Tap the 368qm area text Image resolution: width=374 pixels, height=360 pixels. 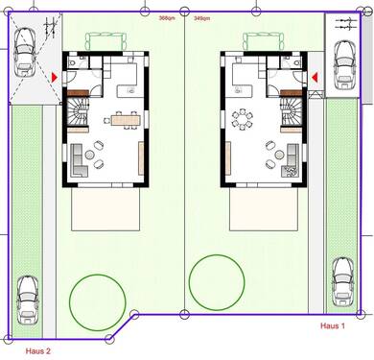[x=166, y=17]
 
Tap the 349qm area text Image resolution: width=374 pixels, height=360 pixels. [x=202, y=17]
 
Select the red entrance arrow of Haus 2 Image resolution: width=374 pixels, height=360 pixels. [x=54, y=75]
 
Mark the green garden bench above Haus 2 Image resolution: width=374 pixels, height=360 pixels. [x=105, y=41]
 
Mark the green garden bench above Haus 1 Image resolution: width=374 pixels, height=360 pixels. [x=261, y=41]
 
